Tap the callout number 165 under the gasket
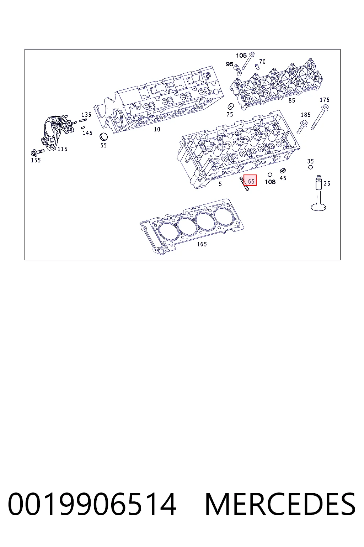coord(202,244)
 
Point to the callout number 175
coord(325,100)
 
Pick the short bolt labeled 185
coord(302,127)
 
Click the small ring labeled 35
coord(310,167)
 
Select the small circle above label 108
coord(270,174)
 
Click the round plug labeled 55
coord(104,137)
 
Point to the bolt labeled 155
coord(38,153)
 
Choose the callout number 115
coord(63,149)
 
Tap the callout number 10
coord(157,129)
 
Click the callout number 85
coord(291,100)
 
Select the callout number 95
coord(229,64)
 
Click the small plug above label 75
coord(230,106)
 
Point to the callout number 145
coord(87,133)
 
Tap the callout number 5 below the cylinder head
coord(220,184)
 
